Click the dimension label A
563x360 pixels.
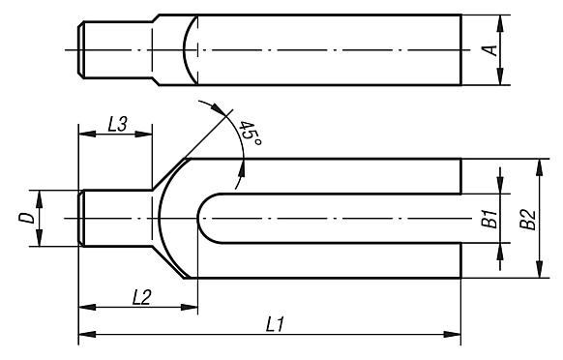491,50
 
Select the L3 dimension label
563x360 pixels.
117,124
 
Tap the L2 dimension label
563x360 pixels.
142,297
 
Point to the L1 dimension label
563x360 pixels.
275,325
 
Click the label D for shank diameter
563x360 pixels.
26,218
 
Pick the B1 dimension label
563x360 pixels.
489,218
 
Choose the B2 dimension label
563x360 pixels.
528,220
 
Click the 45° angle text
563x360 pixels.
250,134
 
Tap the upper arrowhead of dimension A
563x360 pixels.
500,23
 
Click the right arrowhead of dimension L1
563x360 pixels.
452,334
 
